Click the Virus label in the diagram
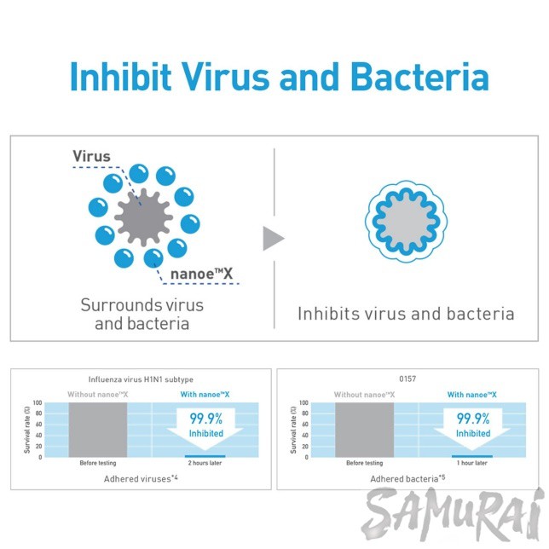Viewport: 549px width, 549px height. point(91,156)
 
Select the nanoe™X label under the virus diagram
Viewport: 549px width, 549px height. point(201,274)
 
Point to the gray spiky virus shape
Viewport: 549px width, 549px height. point(141,217)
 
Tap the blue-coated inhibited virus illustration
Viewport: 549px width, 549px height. point(406,221)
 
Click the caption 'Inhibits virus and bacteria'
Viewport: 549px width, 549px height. point(406,314)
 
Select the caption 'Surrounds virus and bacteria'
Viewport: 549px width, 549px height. point(142,314)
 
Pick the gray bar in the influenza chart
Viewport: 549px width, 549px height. point(97,429)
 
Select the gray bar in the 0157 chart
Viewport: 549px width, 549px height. point(365,429)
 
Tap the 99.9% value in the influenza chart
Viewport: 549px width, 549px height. point(205,419)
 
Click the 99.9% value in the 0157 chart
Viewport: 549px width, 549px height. point(472,419)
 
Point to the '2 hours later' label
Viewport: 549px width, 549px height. point(205,464)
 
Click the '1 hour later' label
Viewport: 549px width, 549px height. point(471,464)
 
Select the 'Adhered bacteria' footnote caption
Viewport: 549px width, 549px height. point(407,480)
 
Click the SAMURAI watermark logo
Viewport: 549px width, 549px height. point(453,515)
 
